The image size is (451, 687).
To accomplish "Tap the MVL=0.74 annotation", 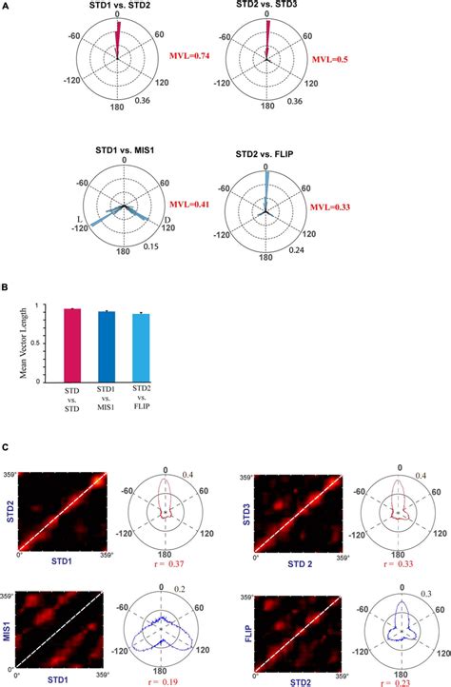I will click(191, 57).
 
